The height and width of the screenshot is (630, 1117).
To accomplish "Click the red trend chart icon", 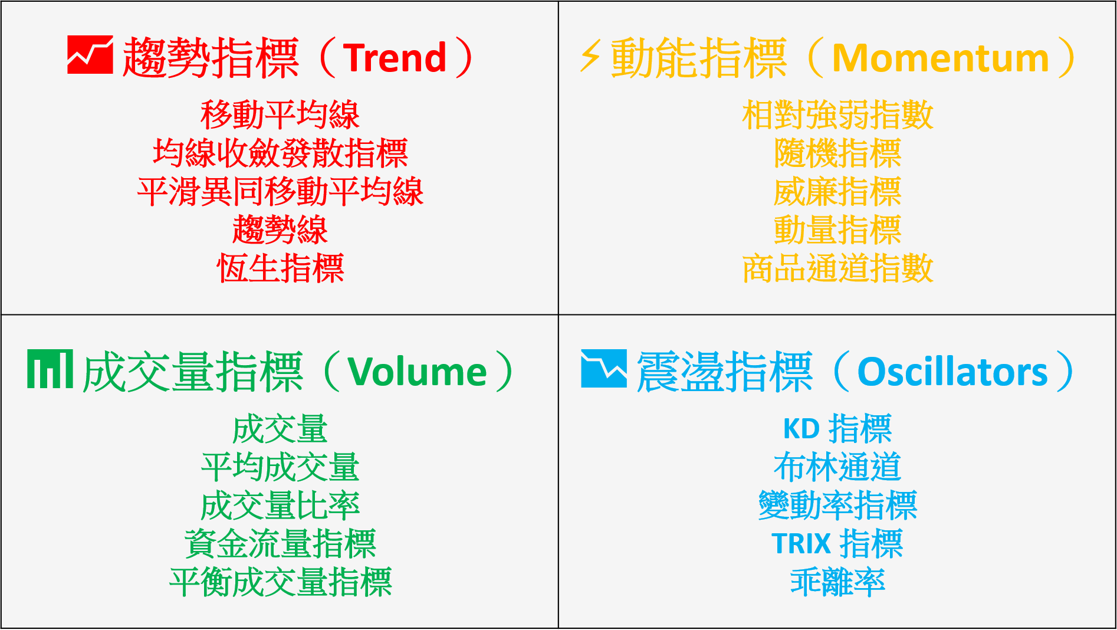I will [x=90, y=55].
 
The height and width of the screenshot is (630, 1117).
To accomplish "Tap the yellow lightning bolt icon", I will [x=590, y=56].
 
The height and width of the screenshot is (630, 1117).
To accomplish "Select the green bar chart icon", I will [x=50, y=369].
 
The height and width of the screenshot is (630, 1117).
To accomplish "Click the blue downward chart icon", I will [x=603, y=369].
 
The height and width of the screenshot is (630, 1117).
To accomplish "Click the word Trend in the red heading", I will [x=395, y=58].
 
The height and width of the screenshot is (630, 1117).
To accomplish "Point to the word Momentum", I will [x=940, y=58].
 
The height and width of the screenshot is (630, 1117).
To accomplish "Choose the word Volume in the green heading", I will [x=417, y=372].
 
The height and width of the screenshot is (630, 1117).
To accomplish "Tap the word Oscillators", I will [x=952, y=372].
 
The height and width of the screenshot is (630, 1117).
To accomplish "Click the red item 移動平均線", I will [x=280, y=114].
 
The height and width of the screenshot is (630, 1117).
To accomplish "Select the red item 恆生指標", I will [x=280, y=268].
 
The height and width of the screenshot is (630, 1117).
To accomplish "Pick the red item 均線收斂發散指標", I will [x=280, y=153].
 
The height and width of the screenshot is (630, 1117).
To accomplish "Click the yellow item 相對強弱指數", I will [x=837, y=114].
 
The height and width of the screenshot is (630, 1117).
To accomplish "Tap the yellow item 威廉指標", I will [x=837, y=192].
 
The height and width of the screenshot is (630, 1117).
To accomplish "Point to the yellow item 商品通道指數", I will [x=837, y=268].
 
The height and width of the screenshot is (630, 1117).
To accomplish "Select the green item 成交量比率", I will [x=280, y=506].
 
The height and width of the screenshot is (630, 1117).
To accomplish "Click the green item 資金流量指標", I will [x=280, y=544].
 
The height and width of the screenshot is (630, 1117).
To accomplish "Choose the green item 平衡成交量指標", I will [x=280, y=582].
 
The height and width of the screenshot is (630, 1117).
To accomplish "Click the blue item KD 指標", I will [x=837, y=429].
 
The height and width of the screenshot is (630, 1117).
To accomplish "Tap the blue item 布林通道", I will [x=837, y=467].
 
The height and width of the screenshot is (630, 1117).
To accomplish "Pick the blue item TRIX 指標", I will [x=837, y=544].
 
